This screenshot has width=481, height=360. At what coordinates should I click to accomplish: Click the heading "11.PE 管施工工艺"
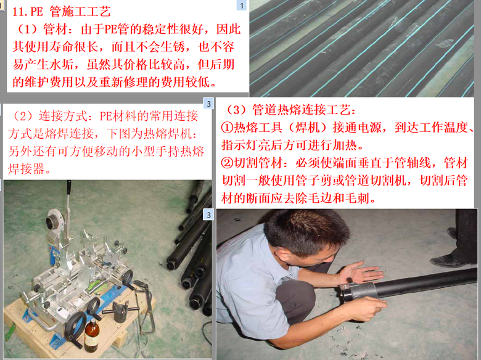(x=61, y=11)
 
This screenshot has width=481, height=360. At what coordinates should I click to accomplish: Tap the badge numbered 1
(x=241, y=5)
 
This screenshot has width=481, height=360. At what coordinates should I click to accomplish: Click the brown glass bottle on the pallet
(x=91, y=335)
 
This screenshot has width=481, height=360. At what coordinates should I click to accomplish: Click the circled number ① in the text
(x=228, y=127)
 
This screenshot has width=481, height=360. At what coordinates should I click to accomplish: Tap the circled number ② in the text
(x=228, y=163)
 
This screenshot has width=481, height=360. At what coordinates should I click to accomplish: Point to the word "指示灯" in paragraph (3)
(x=240, y=145)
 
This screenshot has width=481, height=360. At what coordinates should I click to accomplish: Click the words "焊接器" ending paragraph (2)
(x=27, y=169)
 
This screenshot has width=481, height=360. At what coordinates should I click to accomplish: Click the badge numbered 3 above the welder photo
(x=208, y=104)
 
